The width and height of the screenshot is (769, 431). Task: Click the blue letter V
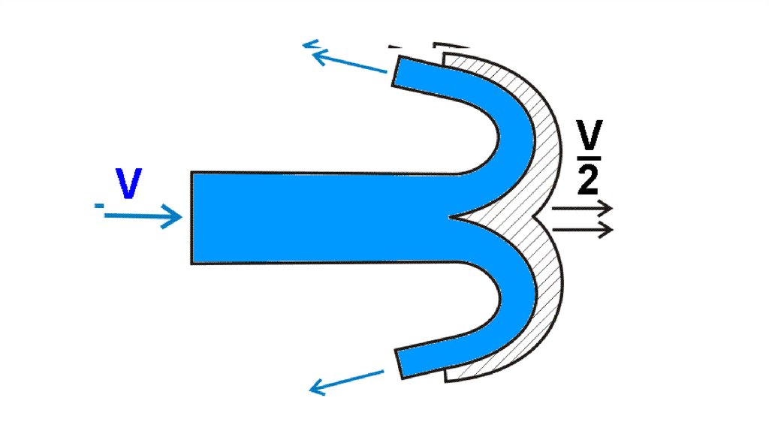click(128, 184)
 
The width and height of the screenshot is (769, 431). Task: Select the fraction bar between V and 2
click(591, 157)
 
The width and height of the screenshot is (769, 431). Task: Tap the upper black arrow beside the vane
click(582, 208)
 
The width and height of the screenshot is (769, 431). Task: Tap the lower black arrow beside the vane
click(582, 228)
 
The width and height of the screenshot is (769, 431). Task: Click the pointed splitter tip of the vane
click(452, 217)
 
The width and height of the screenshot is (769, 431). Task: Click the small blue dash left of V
click(99, 205)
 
